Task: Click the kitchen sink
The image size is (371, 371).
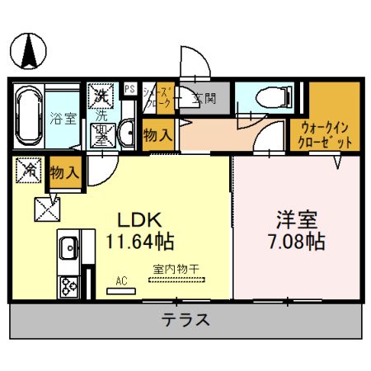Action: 68,247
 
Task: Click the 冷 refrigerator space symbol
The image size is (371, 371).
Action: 28,171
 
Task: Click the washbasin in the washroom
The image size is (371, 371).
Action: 128,132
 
